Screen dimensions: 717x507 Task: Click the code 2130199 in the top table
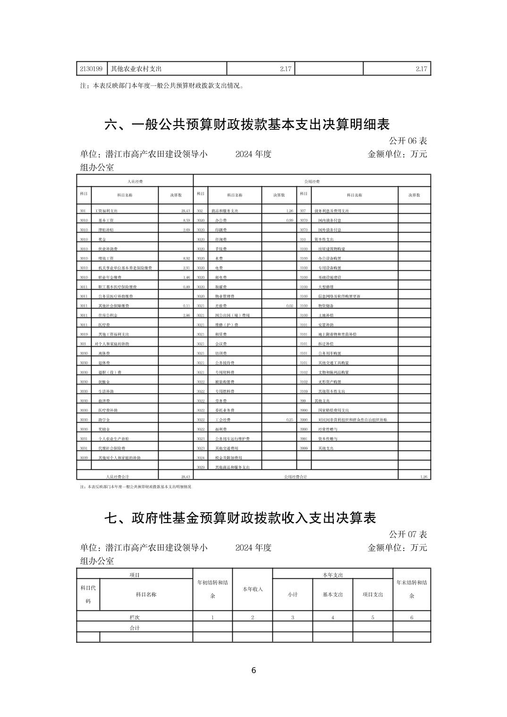[x=92, y=69]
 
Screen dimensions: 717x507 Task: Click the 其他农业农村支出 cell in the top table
[x=136, y=69]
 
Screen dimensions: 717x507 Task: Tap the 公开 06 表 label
[x=408, y=141]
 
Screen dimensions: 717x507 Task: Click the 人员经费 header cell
[x=135, y=181]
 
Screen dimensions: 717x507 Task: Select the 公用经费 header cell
[x=312, y=181]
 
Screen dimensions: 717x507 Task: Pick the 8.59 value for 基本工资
[x=186, y=220]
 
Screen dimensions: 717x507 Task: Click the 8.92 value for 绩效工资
[x=186, y=258]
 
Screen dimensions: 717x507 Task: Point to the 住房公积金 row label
[x=108, y=315]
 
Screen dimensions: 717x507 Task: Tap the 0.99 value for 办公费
[x=290, y=220]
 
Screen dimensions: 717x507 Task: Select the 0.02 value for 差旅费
[x=290, y=306]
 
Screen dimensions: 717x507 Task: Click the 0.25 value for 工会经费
[x=290, y=419]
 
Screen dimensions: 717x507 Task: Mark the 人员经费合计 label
[x=118, y=477]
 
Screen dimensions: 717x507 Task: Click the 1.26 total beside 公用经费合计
[x=423, y=477]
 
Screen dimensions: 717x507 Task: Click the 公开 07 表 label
[x=408, y=534]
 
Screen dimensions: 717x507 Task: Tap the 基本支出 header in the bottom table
[x=333, y=594]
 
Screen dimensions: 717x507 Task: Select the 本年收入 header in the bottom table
[x=253, y=589]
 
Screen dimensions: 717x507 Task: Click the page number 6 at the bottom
[x=253, y=670]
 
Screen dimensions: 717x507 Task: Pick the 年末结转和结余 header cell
[x=412, y=589]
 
